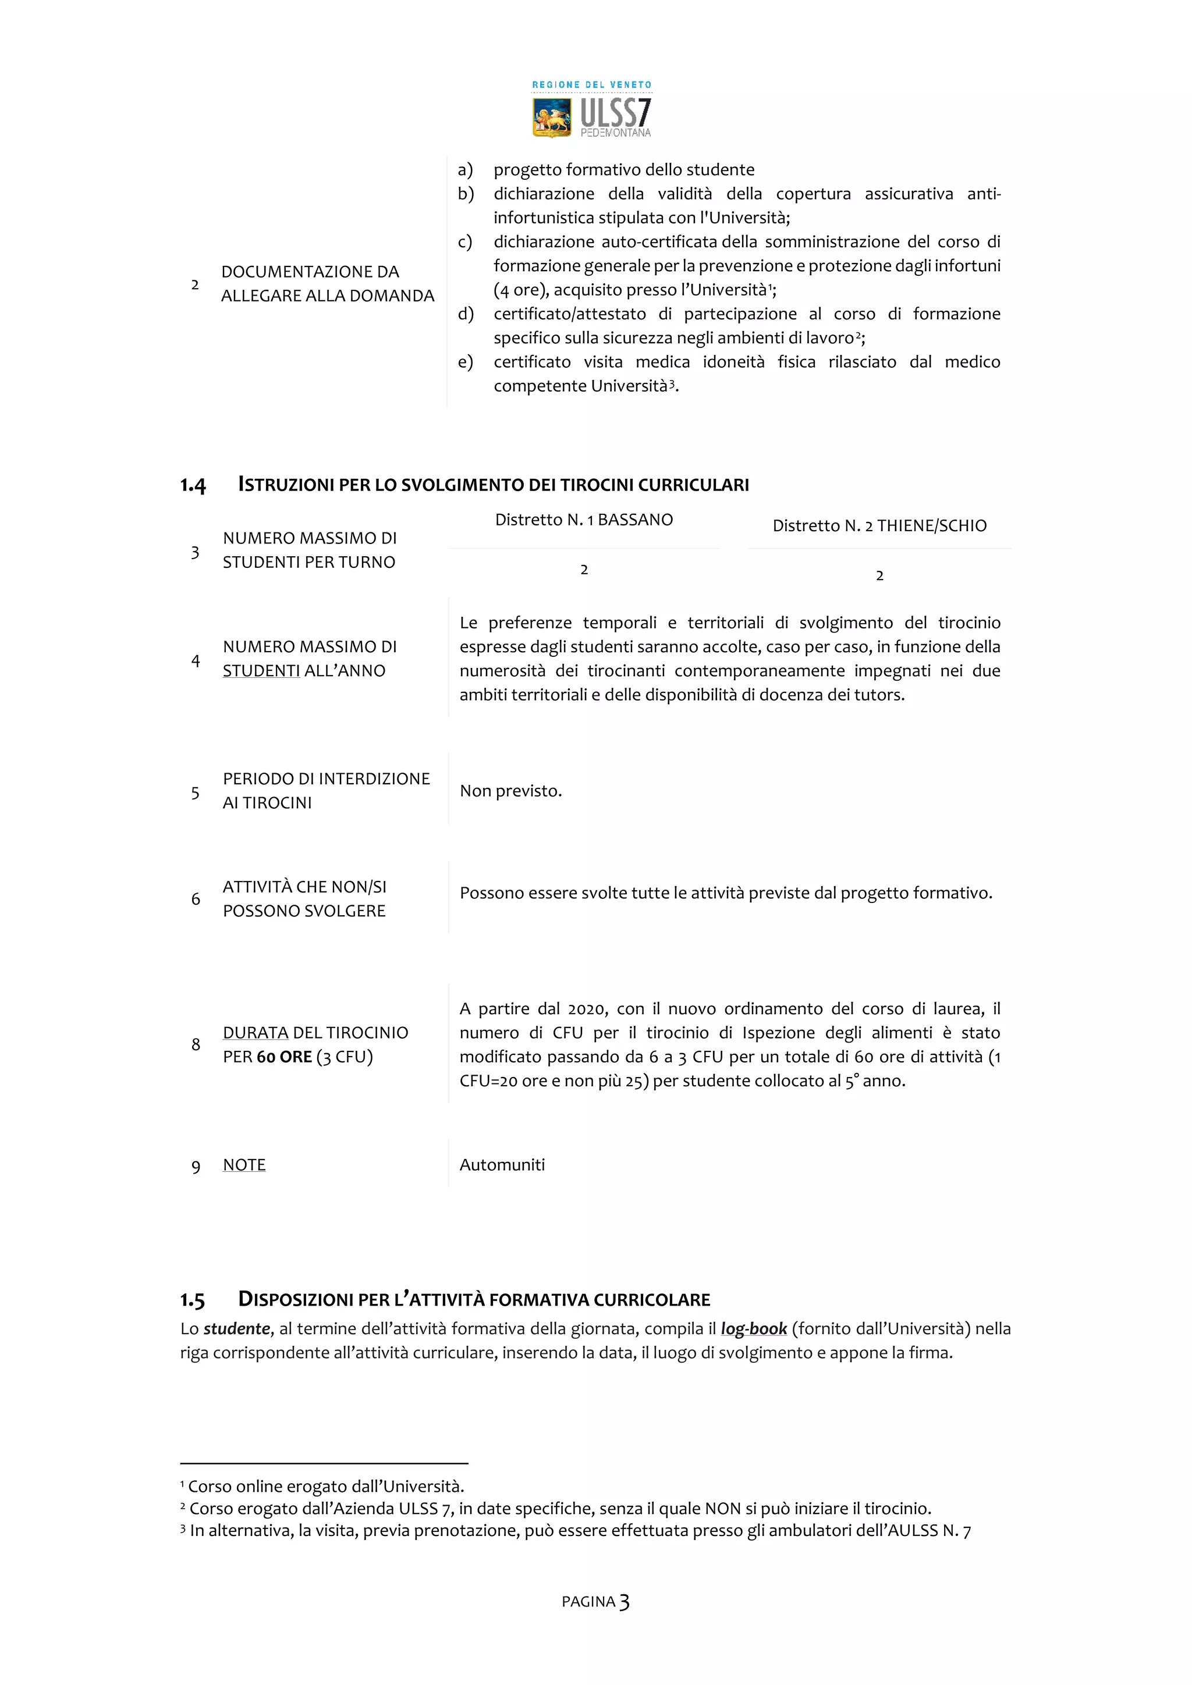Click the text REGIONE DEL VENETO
(591, 85)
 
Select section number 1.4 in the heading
(193, 485)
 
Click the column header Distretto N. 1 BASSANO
(584, 520)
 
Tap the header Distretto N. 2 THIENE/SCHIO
(879, 525)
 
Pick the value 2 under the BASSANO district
(584, 570)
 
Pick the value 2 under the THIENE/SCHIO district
(879, 575)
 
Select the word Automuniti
(502, 1165)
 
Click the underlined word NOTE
(244, 1165)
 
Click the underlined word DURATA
(256, 1033)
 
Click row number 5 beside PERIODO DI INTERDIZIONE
(195, 792)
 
